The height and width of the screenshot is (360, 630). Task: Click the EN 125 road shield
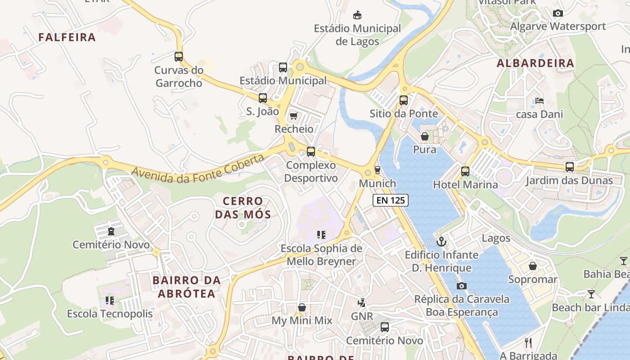[390, 200]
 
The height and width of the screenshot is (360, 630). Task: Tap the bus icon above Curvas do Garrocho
[179, 57]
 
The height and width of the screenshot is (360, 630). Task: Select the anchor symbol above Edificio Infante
[441, 242]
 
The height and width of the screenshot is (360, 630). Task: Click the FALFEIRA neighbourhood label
[67, 37]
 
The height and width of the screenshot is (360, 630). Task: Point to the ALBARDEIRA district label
[535, 63]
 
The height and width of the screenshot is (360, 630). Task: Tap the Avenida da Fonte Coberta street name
[198, 169]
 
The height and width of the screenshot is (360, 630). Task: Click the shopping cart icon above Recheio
[294, 116]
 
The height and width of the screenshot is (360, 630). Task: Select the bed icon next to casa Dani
[539, 101]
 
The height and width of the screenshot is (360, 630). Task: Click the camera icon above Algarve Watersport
[558, 13]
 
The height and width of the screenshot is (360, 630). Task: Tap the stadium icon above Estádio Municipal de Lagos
[357, 15]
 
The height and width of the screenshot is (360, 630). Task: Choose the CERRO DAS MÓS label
[243, 207]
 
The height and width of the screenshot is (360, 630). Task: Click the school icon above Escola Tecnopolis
[110, 300]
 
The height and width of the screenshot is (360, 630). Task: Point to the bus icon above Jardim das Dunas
[569, 167]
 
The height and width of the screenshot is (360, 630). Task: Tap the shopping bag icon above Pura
[425, 136]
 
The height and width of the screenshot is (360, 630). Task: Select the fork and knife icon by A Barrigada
[528, 342]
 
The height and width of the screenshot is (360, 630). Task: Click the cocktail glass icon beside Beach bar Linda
[591, 294]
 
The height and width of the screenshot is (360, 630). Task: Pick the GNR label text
[362, 316]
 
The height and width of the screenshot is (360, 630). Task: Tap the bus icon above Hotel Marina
[465, 171]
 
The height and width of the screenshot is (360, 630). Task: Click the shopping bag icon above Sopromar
[533, 266]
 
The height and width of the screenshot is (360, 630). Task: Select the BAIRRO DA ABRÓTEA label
[186, 287]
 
